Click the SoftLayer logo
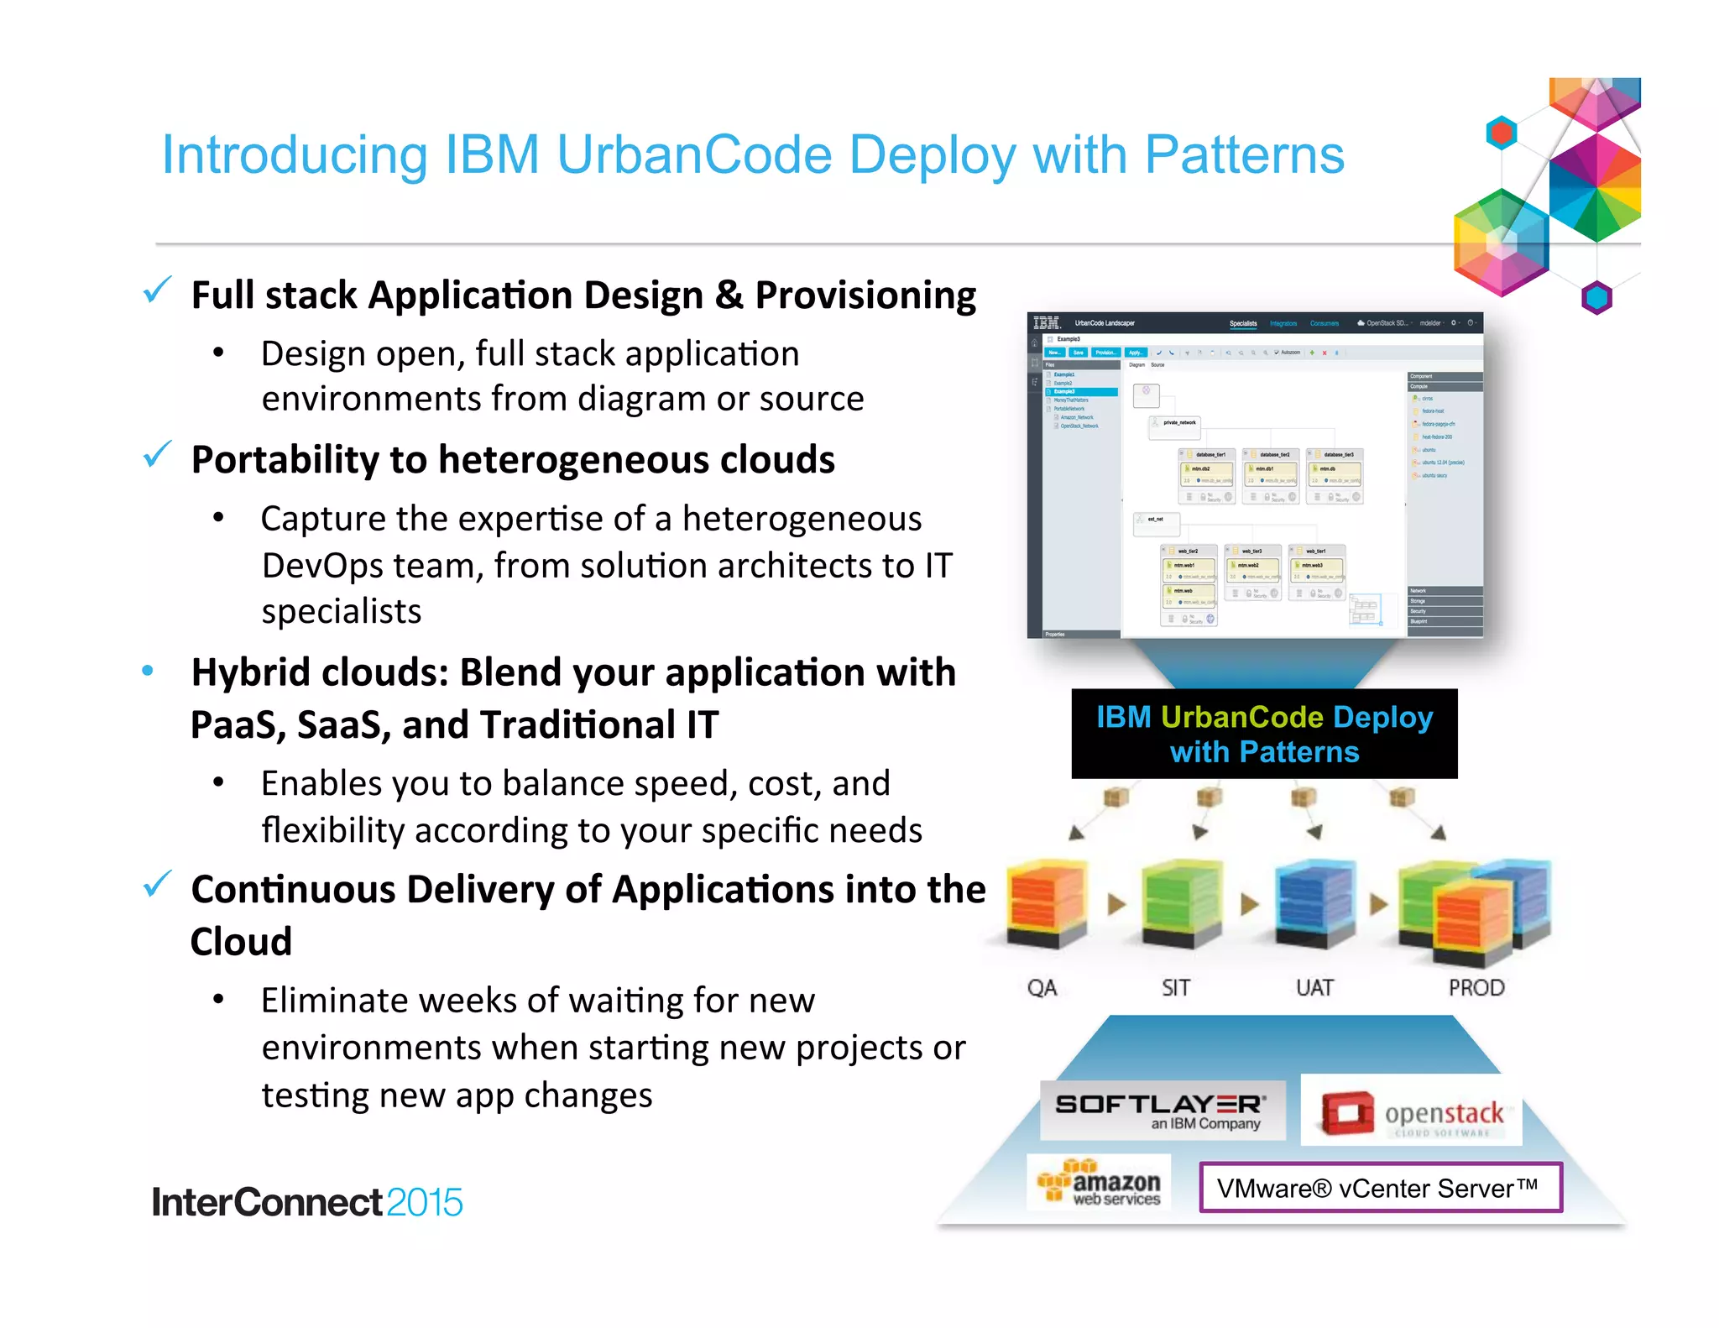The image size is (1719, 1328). coord(1162,1110)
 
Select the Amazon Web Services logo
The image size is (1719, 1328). coord(1099,1183)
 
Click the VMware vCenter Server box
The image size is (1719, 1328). coord(1380,1187)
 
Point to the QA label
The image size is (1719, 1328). coord(1042,987)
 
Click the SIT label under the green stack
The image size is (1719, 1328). coord(1175,987)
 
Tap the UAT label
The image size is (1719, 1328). coord(1314,987)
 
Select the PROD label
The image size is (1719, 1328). coord(1476,987)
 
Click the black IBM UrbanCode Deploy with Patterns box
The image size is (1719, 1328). coord(1264,734)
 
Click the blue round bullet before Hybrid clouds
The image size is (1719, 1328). coord(148,671)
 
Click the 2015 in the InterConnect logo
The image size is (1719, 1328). coord(425,1202)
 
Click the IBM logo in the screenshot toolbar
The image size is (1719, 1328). coord(1046,323)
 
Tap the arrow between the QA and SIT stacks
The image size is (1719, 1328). coord(1116,904)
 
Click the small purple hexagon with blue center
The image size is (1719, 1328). coord(1596,297)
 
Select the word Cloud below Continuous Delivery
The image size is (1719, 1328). coord(241,942)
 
